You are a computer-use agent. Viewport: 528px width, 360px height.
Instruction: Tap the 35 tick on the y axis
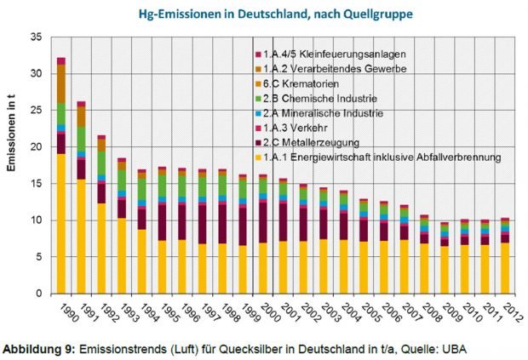[35, 37]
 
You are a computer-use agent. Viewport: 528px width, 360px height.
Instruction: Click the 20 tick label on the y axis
[35, 147]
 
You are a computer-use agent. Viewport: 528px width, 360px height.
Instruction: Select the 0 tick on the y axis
[38, 294]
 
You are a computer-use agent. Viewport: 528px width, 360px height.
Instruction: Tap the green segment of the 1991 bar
[82, 139]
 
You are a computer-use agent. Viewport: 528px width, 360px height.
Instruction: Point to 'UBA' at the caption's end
[457, 349]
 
